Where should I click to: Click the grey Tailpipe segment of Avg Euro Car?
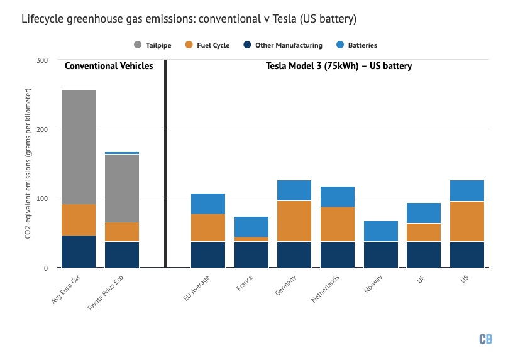[79, 147]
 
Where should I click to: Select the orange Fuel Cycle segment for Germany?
[294, 221]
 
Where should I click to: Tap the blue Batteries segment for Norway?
[381, 231]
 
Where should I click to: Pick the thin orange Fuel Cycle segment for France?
[251, 239]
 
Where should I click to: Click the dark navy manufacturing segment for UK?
[424, 254]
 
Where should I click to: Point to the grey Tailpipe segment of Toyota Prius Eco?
[122, 188]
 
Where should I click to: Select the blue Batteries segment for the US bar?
[467, 190]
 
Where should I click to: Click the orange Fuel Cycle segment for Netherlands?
[338, 224]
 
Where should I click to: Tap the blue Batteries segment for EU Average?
[208, 204]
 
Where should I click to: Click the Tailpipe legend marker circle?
[138, 45]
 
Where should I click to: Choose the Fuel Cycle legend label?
[213, 45]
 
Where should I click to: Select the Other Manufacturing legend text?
[289, 45]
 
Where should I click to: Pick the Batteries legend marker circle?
[340, 45]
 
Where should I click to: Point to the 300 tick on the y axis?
[42, 60]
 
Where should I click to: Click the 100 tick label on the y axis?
[42, 199]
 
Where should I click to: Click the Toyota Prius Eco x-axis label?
[105, 293]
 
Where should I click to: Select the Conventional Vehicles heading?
[109, 66]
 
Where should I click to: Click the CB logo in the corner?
[485, 339]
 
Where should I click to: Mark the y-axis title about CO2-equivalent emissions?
[28, 163]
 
